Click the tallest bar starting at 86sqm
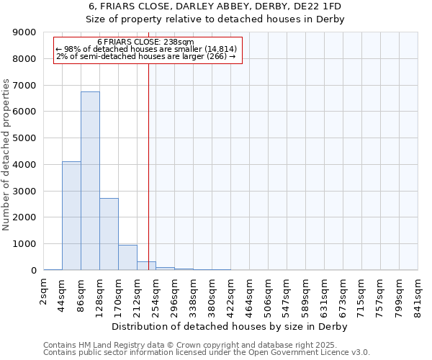[90, 181]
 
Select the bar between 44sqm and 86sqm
[71, 216]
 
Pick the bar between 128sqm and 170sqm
[109, 234]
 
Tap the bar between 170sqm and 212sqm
[127, 257]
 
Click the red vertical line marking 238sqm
[148, 158]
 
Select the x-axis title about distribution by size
[230, 326]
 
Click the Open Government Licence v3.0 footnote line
[207, 353]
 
